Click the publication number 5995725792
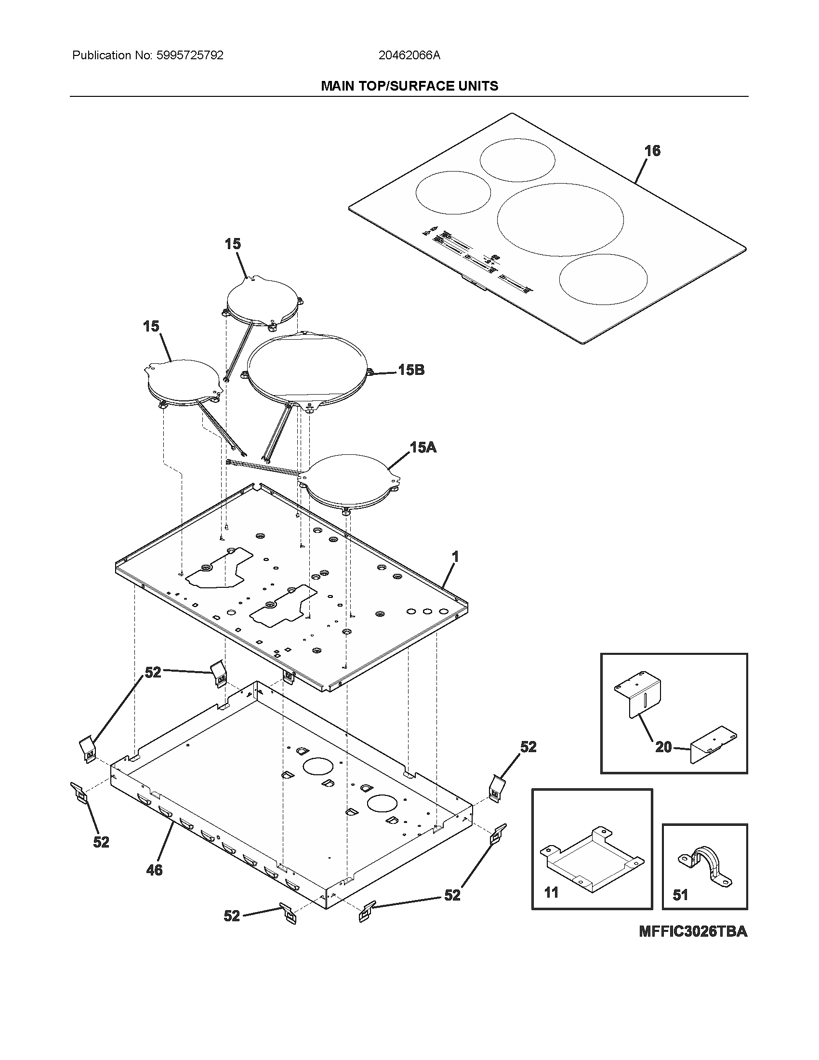point(190,55)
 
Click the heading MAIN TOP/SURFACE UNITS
point(409,86)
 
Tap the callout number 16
point(652,151)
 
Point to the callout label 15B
point(411,370)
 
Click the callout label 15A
point(423,447)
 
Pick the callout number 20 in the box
point(663,747)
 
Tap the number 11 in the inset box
point(551,892)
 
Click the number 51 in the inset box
point(680,895)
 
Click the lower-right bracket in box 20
point(715,748)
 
